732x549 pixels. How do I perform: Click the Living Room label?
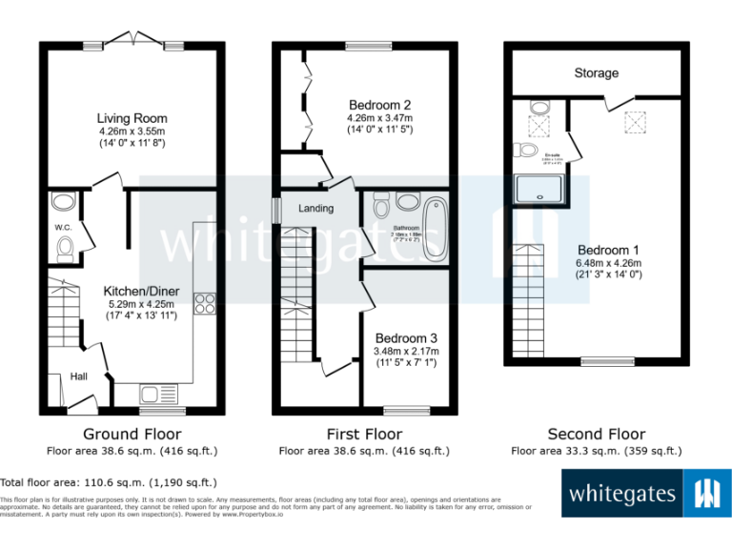pos(131,118)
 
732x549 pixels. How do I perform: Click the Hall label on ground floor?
pos(79,377)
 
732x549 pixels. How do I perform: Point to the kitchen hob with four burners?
pos(205,304)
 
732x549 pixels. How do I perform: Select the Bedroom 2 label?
pos(379,105)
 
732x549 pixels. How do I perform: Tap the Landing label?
pos(315,209)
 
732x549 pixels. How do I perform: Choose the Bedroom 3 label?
pos(406,338)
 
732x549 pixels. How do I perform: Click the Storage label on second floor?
pos(596,73)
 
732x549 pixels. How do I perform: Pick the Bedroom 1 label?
pos(608,251)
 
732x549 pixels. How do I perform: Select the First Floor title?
pos(363,434)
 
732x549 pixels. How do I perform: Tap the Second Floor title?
pos(597,434)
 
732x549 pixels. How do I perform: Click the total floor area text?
pos(109,483)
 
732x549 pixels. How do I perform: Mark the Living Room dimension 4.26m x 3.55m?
pos(132,132)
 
